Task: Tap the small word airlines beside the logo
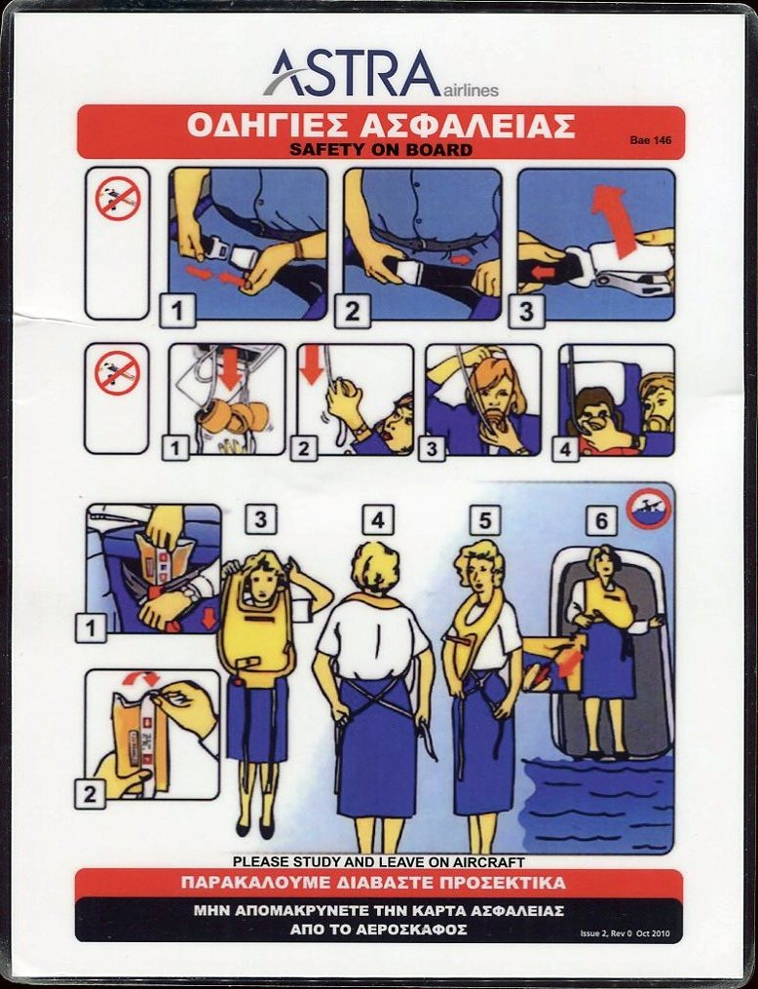tap(471, 91)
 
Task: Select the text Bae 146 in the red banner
tap(650, 140)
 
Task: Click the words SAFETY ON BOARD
tap(380, 149)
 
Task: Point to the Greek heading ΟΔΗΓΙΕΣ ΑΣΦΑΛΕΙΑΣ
tap(381, 125)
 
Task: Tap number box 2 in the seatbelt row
tap(352, 311)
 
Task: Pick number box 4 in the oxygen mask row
tap(566, 449)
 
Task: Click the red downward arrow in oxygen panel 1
tap(231, 367)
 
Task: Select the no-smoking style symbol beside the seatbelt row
tap(117, 198)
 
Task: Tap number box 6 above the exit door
tap(601, 521)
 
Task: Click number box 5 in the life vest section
tap(485, 520)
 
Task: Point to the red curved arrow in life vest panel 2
tap(140, 677)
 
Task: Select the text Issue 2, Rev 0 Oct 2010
tap(625, 932)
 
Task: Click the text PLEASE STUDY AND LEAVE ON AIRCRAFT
tap(378, 861)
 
